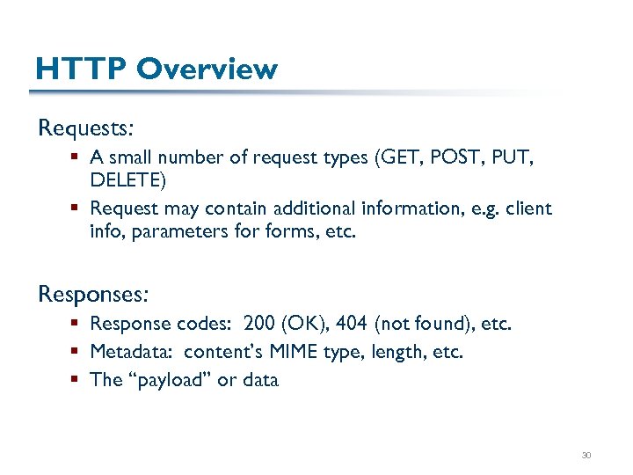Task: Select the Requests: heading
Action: (85, 128)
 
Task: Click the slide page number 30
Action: (586, 455)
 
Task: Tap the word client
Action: (529, 208)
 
